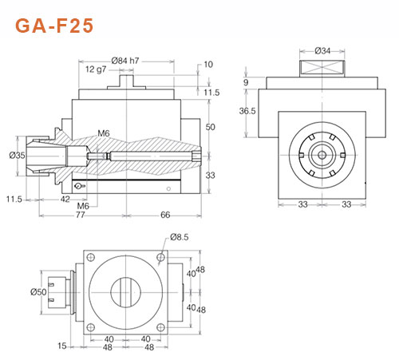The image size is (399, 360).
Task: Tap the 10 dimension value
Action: pyautogui.click(x=209, y=65)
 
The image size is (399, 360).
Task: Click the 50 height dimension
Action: pyautogui.click(x=211, y=128)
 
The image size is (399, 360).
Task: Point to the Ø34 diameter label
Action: pyautogui.click(x=323, y=51)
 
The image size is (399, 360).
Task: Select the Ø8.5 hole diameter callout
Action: pyautogui.click(x=180, y=237)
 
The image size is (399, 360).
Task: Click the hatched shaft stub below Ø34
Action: pyautogui.click(x=322, y=66)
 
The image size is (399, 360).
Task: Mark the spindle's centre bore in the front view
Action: pyautogui.click(x=322, y=156)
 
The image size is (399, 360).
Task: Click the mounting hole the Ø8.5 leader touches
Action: pyautogui.click(x=161, y=257)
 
